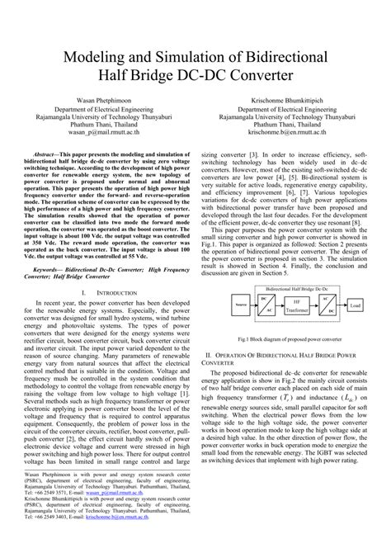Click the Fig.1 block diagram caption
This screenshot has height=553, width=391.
pyautogui.click(x=288, y=338)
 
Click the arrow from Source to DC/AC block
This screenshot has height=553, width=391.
pyautogui.click(x=238, y=305)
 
